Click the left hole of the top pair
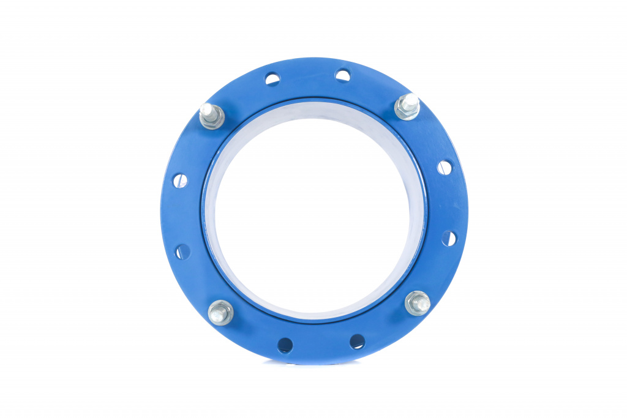(x=272, y=78)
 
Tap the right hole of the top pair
(x=343, y=75)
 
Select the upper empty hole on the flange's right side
(x=445, y=167)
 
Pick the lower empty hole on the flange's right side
(x=449, y=238)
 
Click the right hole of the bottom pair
(x=358, y=341)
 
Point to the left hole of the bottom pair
(x=285, y=345)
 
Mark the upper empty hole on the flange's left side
(x=179, y=180)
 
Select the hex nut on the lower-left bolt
(x=220, y=315)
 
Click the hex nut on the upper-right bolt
(x=407, y=110)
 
